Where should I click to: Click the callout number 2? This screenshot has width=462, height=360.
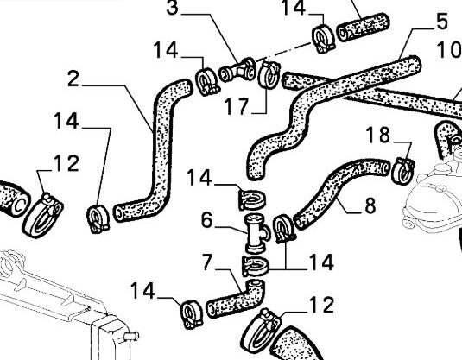[73, 79]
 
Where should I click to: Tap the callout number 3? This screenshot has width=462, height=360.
[173, 8]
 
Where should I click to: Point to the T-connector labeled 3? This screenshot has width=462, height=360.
[237, 70]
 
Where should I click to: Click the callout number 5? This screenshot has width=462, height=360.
[441, 22]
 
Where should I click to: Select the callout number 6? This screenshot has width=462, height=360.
[206, 220]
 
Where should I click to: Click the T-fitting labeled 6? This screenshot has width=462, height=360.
[256, 233]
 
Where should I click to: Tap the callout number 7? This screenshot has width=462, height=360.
[207, 262]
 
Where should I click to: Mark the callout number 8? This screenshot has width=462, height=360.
[370, 205]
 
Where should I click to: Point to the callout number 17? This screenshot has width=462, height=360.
[237, 106]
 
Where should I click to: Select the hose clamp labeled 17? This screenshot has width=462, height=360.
[268, 74]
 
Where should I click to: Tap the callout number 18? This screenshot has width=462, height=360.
[378, 135]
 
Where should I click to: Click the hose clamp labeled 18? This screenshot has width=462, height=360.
[403, 171]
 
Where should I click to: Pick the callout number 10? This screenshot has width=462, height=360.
[449, 49]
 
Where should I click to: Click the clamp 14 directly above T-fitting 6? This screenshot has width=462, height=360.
[251, 200]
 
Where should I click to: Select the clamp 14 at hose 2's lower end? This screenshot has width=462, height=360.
[98, 219]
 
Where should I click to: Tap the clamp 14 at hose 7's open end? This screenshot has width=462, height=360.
[192, 314]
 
